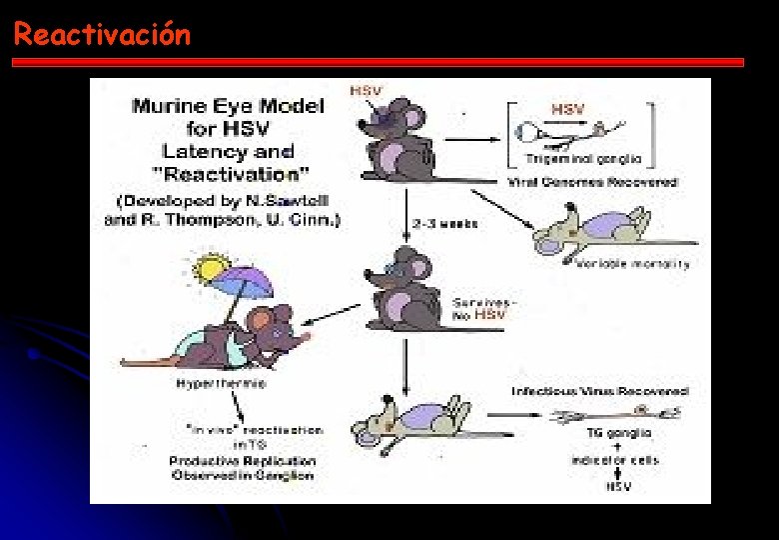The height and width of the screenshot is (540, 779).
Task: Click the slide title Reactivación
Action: [x=102, y=35]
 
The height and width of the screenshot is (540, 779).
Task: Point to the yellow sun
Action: [x=212, y=268]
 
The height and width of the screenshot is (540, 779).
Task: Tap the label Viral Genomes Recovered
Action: [x=592, y=182]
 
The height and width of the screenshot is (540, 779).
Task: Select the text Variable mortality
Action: [x=633, y=264]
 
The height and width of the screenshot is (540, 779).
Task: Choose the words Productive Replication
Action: [x=243, y=461]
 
